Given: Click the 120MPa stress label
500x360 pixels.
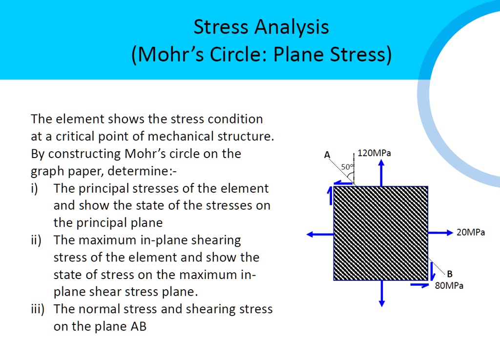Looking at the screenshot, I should [x=374, y=153].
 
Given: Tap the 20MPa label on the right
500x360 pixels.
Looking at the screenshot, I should [x=471, y=233].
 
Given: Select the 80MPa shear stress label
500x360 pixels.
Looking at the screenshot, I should [x=449, y=286].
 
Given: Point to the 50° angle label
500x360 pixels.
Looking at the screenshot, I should [x=346, y=167].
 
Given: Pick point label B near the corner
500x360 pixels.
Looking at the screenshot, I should [x=449, y=273].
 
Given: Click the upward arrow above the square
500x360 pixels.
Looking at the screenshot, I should [x=381, y=174].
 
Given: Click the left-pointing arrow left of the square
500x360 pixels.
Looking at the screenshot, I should [x=320, y=234].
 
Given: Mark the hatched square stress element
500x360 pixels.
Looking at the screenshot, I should [x=381, y=233].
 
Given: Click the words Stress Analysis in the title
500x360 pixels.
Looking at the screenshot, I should [x=261, y=27].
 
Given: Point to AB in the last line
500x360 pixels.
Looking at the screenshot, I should [x=139, y=327].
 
